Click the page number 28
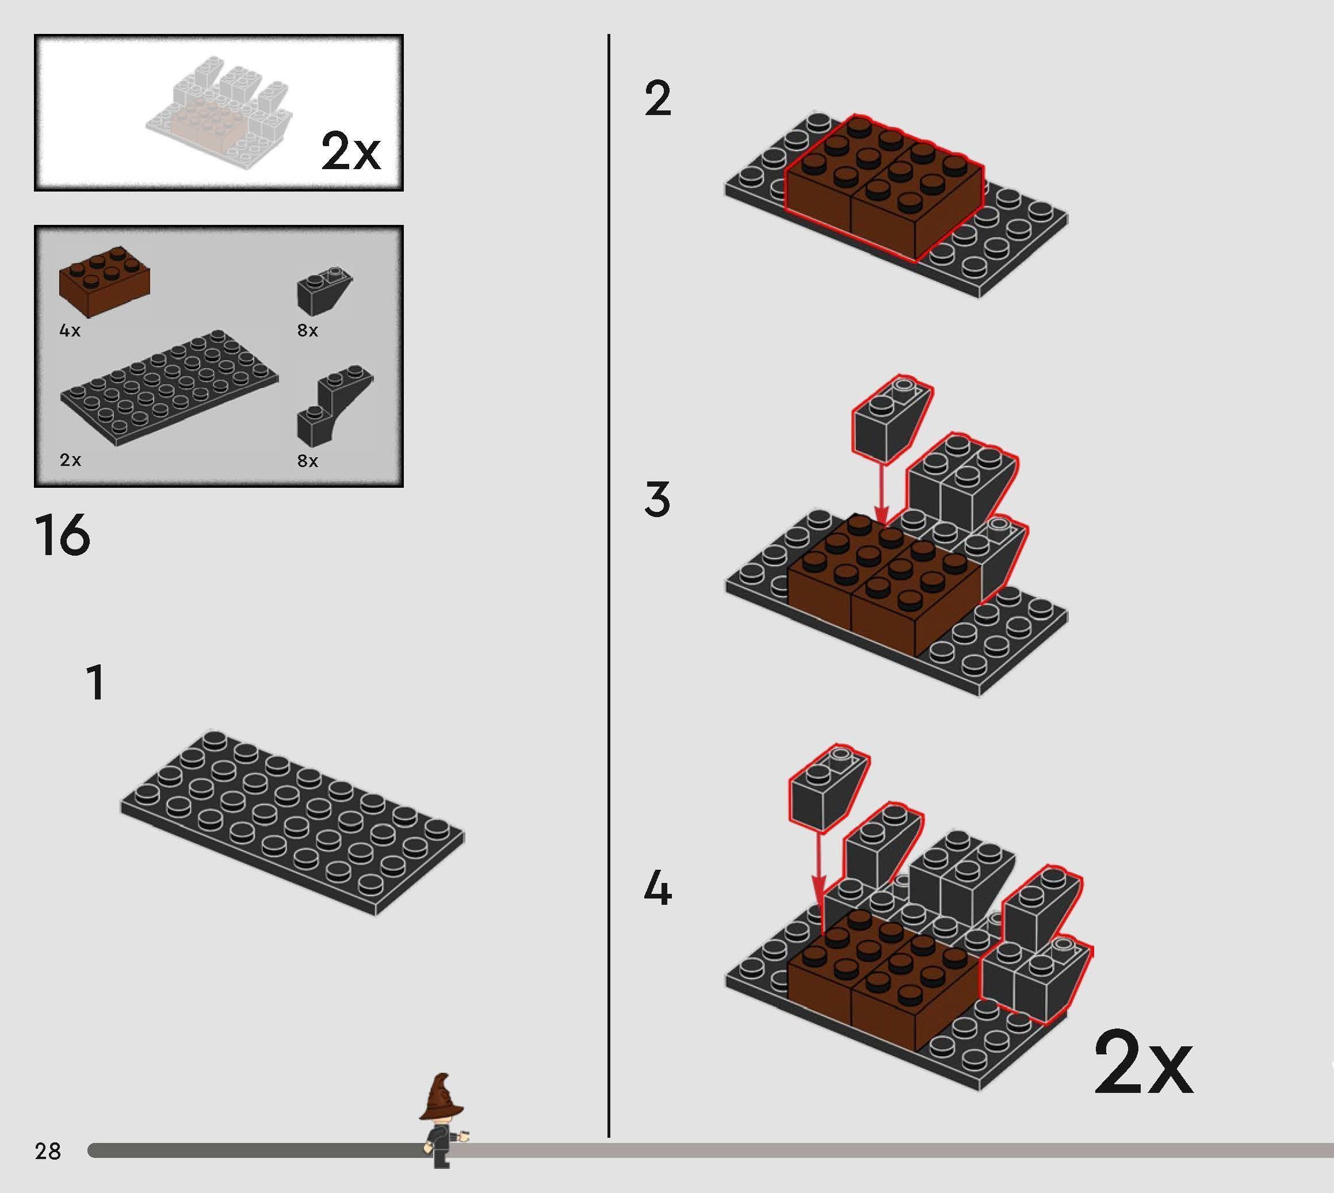point(48,1151)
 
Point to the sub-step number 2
point(658,99)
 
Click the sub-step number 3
point(658,499)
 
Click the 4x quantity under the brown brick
point(70,330)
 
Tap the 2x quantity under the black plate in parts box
point(70,460)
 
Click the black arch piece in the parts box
point(334,407)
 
